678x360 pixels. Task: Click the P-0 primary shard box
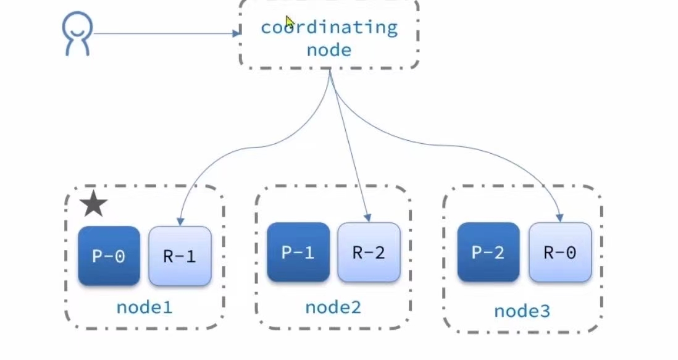tap(109, 256)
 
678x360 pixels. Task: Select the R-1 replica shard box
tap(180, 256)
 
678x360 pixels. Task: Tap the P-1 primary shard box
tap(298, 252)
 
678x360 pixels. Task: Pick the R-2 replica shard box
tap(369, 252)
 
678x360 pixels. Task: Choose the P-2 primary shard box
tap(488, 252)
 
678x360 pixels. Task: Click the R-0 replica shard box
tap(560, 252)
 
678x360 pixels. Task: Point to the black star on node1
tap(93, 204)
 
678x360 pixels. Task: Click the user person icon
tap(77, 35)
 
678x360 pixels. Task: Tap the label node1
tap(144, 306)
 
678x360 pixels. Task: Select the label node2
tap(333, 306)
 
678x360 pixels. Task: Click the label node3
tap(522, 311)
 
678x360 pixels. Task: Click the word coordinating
tap(329, 27)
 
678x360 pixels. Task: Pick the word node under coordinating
tap(329, 49)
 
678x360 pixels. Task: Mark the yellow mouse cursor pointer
tap(289, 22)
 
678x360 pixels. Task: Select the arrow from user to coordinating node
tap(164, 33)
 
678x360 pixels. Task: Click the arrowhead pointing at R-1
tap(180, 221)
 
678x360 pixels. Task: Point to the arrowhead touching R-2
tap(367, 217)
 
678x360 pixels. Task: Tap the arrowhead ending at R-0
tap(559, 217)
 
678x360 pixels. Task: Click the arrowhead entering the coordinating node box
tap(236, 33)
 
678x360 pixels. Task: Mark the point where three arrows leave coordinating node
tap(330, 71)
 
